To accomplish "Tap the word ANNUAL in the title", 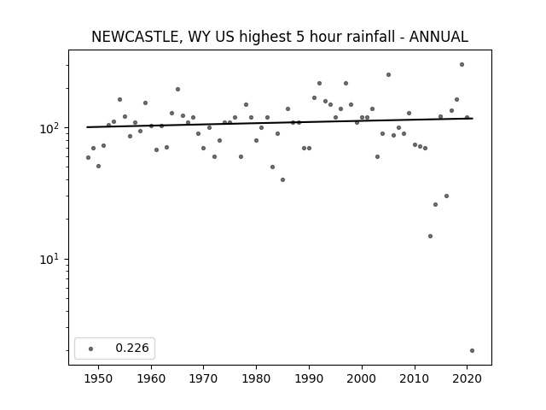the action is coord(439,37).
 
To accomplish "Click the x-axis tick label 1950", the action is coord(99,378).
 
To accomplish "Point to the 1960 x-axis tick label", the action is coord(151,378).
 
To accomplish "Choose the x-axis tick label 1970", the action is coord(203,378).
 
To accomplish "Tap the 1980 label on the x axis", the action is coord(256,378).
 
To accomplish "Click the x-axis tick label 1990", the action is coord(309,378).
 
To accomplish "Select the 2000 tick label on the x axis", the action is coord(362,378).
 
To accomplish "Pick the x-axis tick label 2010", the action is coord(415,378).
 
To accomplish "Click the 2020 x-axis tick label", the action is coord(467,378).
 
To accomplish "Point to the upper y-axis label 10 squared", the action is coord(51,128).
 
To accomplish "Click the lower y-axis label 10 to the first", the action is coord(51,260).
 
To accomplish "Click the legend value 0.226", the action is coord(132,348).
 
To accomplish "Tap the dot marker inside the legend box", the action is coord(91,348).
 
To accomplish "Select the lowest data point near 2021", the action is coord(472,351).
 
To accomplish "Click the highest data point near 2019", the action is coord(462,65).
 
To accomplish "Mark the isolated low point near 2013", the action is coord(430,236).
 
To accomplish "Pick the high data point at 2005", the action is coord(388,74).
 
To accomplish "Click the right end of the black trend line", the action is coord(473,119).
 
